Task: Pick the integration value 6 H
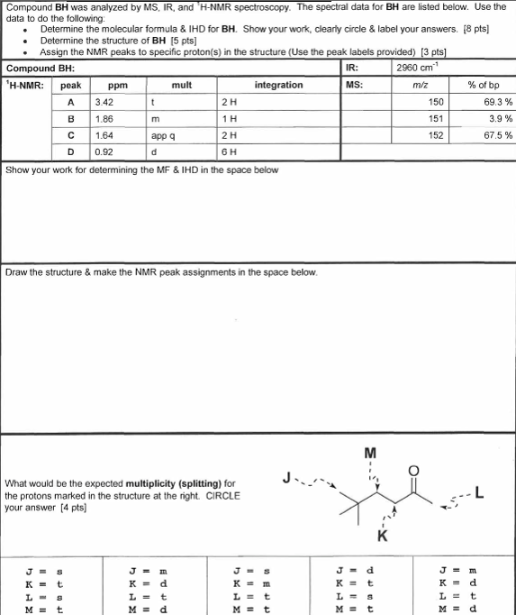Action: point(230,152)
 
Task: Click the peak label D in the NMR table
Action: point(70,152)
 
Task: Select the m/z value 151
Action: point(437,118)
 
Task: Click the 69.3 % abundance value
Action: point(498,102)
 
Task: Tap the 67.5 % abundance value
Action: point(498,135)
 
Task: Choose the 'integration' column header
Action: point(278,85)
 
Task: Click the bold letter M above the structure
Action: point(370,452)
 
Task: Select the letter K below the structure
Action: point(382,537)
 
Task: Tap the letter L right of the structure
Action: point(480,491)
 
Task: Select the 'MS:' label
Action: point(354,85)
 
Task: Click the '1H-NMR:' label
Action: point(24,85)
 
